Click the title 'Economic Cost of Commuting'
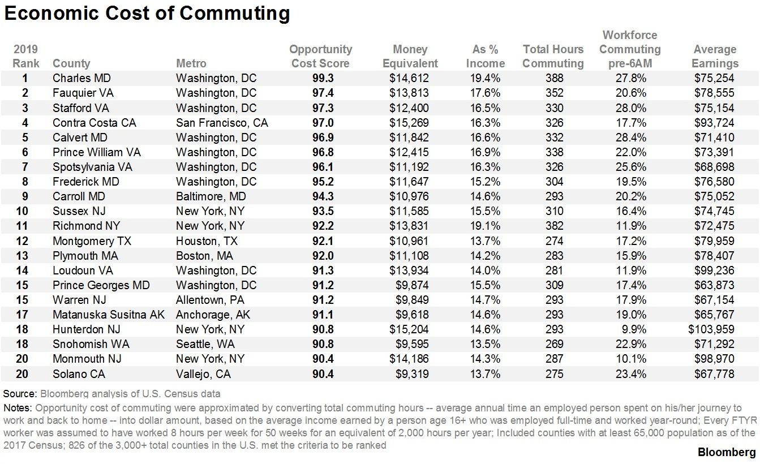[147, 14]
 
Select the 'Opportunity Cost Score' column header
[320, 57]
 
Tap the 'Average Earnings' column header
[715, 57]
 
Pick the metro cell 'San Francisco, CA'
[222, 123]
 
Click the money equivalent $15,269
[409, 123]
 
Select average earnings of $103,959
[712, 329]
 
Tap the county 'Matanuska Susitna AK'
[109, 314]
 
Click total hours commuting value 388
[552, 78]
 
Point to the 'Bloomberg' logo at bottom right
[726, 452]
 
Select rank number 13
[25, 255]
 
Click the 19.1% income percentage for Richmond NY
[485, 226]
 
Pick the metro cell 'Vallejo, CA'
[203, 373]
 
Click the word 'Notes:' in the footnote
[18, 408]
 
